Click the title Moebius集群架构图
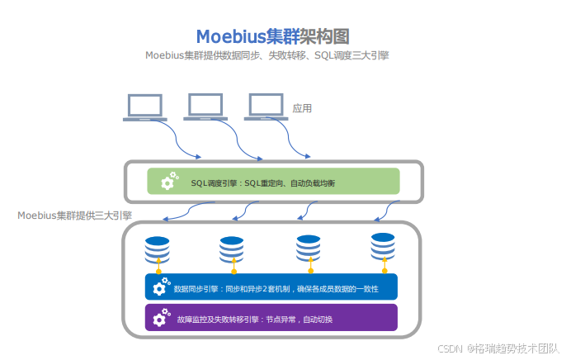pos(273,36)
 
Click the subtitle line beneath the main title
pos(266,56)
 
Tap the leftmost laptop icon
pos(144,107)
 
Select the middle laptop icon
pos(205,107)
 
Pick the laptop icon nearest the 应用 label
pos(266,107)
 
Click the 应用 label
pos(302,108)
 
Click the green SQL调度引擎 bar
pos(273,182)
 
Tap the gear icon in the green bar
pos(168,181)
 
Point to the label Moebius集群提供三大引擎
pos(74,216)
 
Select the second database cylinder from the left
pos(232,249)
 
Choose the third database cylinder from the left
pos(308,247)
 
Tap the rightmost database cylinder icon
pos(383,245)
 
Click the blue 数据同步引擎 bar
pos(271,287)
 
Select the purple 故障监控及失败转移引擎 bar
pos(271,318)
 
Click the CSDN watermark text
pos(499,349)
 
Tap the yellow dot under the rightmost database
pos(384,270)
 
